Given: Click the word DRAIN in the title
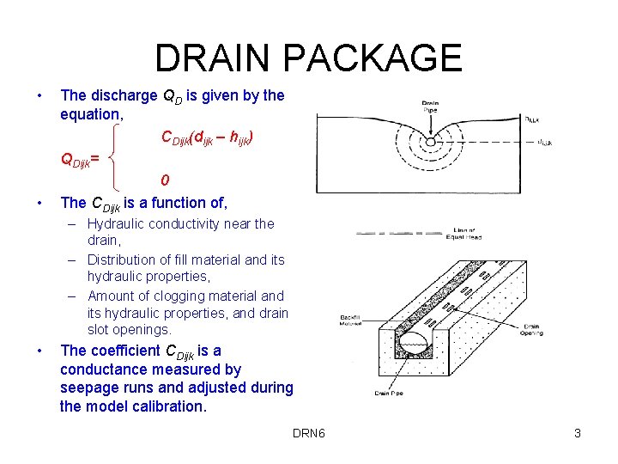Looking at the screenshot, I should pos(213,58).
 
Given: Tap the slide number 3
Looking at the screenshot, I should pos(578,433).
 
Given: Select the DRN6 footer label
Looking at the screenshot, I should pos(308,433).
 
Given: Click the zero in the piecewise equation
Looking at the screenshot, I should pos(165,180).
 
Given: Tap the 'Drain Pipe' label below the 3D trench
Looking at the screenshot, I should pos(387,394).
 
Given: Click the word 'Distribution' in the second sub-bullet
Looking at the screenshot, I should pos(127,259).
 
